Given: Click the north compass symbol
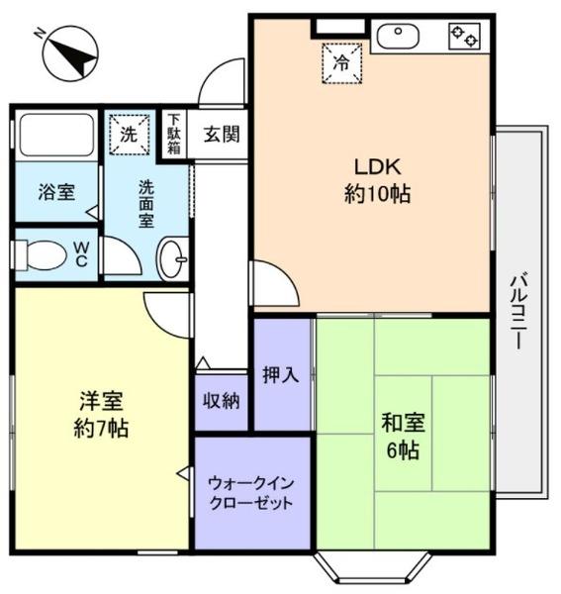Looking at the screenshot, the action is point(70,53).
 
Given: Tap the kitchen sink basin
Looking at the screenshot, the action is point(398,37).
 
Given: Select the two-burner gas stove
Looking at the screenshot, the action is point(464,37).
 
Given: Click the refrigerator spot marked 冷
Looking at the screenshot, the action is point(341,63).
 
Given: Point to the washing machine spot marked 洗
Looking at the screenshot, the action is point(130,135).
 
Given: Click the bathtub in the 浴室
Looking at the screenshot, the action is point(56,135).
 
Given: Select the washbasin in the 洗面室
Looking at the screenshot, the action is point(172,259).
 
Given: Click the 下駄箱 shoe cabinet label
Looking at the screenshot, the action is point(174,134).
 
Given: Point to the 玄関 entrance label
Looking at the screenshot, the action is point(222,134).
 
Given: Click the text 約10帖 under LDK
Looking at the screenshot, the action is point(377,194).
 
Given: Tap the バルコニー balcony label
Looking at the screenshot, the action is point(518,311).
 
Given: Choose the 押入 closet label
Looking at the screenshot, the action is point(281,375).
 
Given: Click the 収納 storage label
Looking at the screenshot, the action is point(221,400).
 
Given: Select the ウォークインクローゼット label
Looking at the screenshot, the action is point(251,493).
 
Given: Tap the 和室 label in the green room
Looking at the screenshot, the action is point(403,423).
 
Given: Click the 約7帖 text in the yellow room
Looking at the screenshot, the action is point(101,429).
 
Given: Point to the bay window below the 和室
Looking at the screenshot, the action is point(373,566).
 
